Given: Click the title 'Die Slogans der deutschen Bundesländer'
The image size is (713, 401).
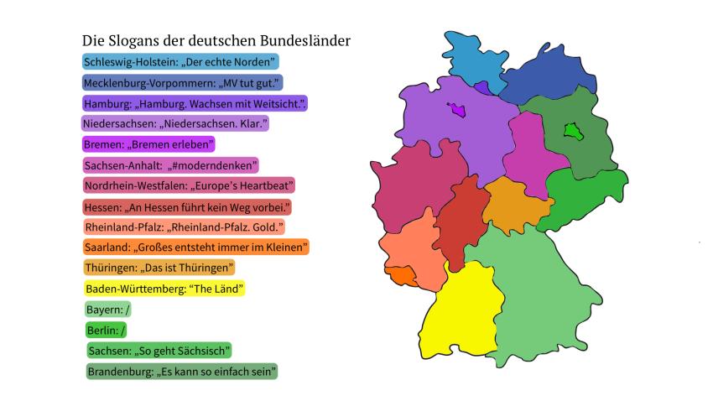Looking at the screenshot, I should pyautogui.click(x=216, y=41).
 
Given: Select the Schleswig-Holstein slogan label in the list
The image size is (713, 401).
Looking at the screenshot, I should pyautogui.click(x=180, y=61).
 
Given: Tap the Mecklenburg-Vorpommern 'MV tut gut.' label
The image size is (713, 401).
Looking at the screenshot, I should pyautogui.click(x=182, y=82).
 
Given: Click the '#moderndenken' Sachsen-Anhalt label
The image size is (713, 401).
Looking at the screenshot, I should pyautogui.click(x=171, y=165).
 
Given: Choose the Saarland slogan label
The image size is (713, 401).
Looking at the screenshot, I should pyautogui.click(x=196, y=247).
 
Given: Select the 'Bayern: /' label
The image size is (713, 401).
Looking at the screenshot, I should pyautogui.click(x=107, y=310).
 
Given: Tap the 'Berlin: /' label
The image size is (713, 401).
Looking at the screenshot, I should pyautogui.click(x=106, y=331).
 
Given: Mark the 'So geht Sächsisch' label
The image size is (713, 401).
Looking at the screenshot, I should pyautogui.click(x=159, y=350).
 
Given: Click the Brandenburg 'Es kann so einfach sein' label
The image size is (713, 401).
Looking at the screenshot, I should pyautogui.click(x=181, y=371).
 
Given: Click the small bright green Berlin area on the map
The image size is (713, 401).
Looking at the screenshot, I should pyautogui.click(x=573, y=131).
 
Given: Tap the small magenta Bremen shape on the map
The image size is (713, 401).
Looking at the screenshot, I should pyautogui.click(x=457, y=110).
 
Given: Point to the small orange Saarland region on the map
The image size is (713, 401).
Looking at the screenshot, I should pyautogui.click(x=400, y=275).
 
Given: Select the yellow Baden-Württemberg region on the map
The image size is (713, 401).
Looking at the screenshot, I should pyautogui.click(x=453, y=315).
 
